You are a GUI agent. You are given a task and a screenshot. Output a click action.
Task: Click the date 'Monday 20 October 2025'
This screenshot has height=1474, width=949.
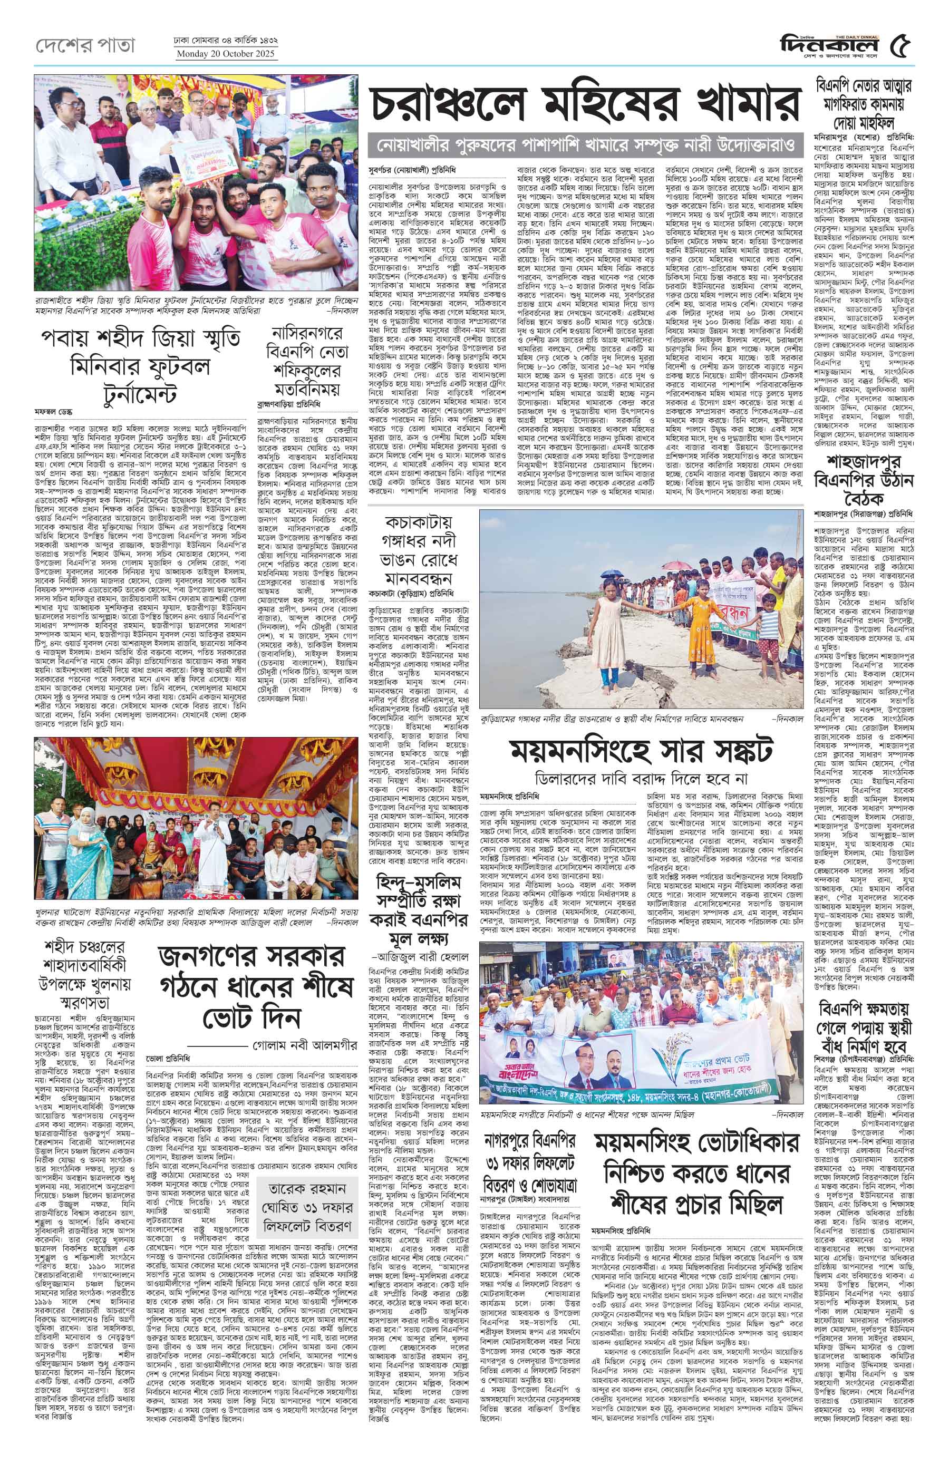pos(226,54)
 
